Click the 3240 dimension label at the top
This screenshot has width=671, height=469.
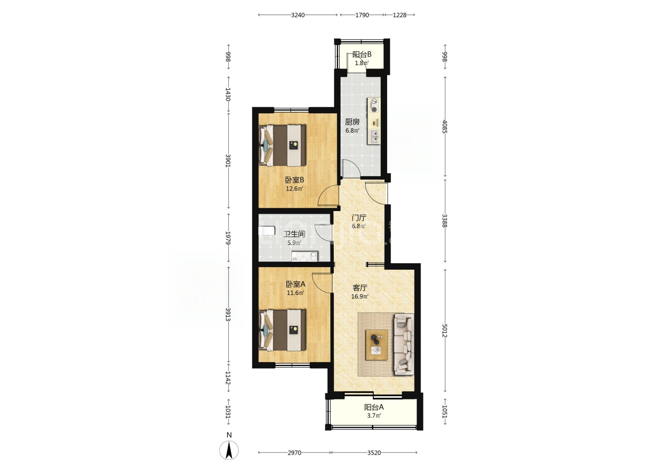(x=298, y=15)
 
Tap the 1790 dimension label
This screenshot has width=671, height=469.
(x=362, y=15)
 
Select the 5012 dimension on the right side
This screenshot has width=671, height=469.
(x=445, y=330)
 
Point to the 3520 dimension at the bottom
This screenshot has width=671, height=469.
(x=374, y=453)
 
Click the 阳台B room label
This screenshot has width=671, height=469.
(x=362, y=55)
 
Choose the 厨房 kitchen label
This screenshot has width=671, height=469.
(x=352, y=122)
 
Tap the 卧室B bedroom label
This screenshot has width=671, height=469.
(x=294, y=180)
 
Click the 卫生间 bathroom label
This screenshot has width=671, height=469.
(x=294, y=234)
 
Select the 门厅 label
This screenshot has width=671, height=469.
(x=359, y=218)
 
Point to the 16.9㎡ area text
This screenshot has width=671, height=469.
(x=360, y=297)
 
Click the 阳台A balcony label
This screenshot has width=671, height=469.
(x=374, y=407)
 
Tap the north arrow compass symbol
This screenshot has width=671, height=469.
(x=229, y=450)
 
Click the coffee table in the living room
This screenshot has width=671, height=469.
(x=377, y=345)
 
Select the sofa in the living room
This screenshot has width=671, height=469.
(x=404, y=344)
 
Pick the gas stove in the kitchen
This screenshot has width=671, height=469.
(x=374, y=106)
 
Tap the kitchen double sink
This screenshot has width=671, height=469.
(x=374, y=137)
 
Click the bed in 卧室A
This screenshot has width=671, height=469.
(x=283, y=330)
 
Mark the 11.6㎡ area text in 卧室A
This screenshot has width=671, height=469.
(x=296, y=293)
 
